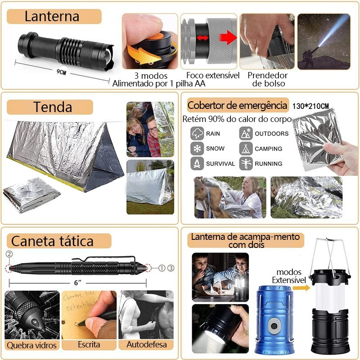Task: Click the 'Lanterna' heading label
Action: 52,17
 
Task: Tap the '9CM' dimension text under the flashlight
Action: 61,72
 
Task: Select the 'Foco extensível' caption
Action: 213,75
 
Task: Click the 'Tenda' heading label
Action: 52,107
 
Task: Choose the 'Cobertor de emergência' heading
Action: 237,106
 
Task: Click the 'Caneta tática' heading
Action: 52,241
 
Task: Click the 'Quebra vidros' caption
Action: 31,345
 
